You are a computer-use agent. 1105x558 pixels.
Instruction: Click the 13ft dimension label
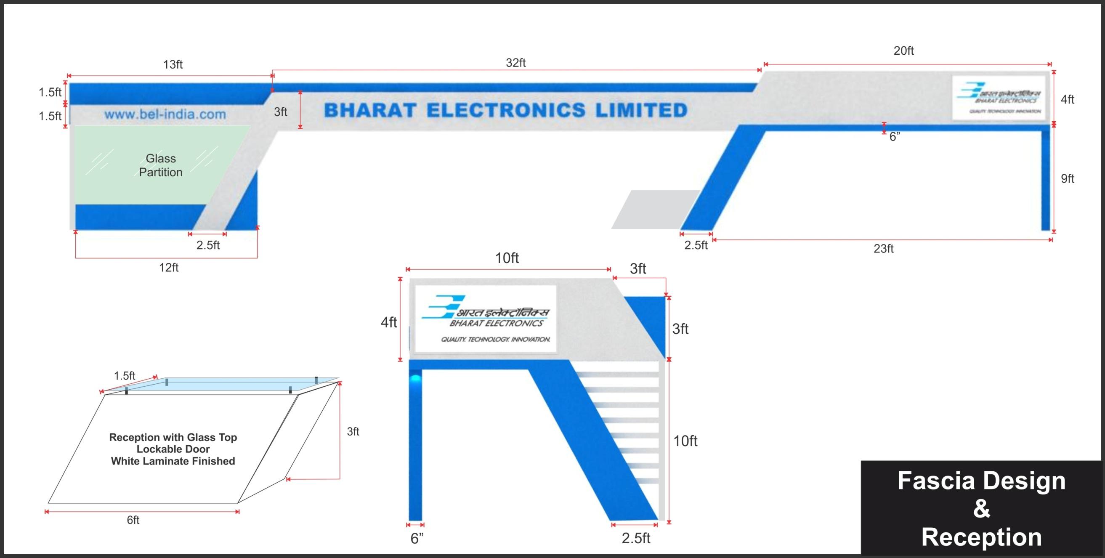173,65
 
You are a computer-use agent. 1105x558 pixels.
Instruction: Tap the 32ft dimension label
515,63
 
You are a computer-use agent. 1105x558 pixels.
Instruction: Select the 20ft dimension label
903,51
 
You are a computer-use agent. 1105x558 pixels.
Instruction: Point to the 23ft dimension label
884,249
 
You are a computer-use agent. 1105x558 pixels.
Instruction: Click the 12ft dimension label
169,268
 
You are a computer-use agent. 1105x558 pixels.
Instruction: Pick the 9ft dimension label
1067,179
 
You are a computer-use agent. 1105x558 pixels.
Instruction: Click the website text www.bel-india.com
165,114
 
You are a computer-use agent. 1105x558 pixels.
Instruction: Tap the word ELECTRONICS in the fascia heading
506,110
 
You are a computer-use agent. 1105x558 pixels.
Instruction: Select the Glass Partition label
161,165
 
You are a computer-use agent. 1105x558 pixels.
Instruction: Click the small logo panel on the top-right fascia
998,98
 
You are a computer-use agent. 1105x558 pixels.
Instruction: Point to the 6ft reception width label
133,520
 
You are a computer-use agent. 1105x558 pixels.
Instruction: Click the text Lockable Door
173,449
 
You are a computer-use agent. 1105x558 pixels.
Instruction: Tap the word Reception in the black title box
981,537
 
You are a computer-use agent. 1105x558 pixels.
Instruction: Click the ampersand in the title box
981,509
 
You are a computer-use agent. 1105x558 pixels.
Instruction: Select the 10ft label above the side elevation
507,258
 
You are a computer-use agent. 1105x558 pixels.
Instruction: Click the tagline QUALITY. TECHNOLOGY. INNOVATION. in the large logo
495,340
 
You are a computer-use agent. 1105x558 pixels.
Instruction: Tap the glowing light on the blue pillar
416,378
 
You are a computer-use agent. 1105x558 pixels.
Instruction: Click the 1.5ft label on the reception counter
125,376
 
